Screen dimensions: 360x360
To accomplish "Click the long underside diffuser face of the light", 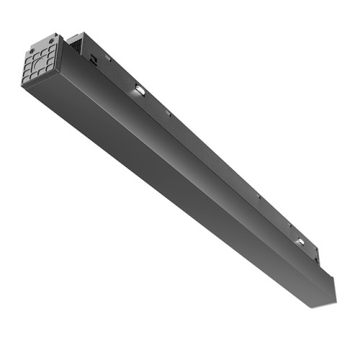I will click(x=166, y=187).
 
